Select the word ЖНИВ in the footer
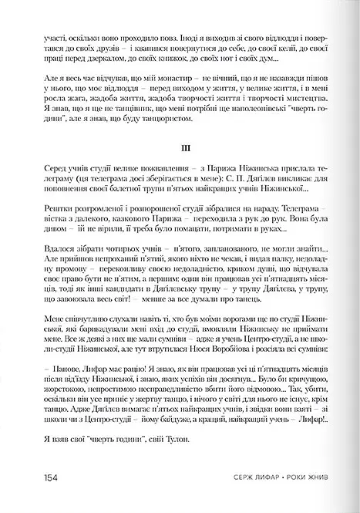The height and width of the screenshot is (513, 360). (x=314, y=477)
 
